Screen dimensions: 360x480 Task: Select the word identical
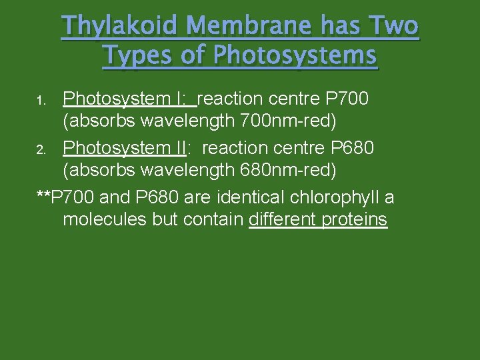[x=253, y=197]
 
